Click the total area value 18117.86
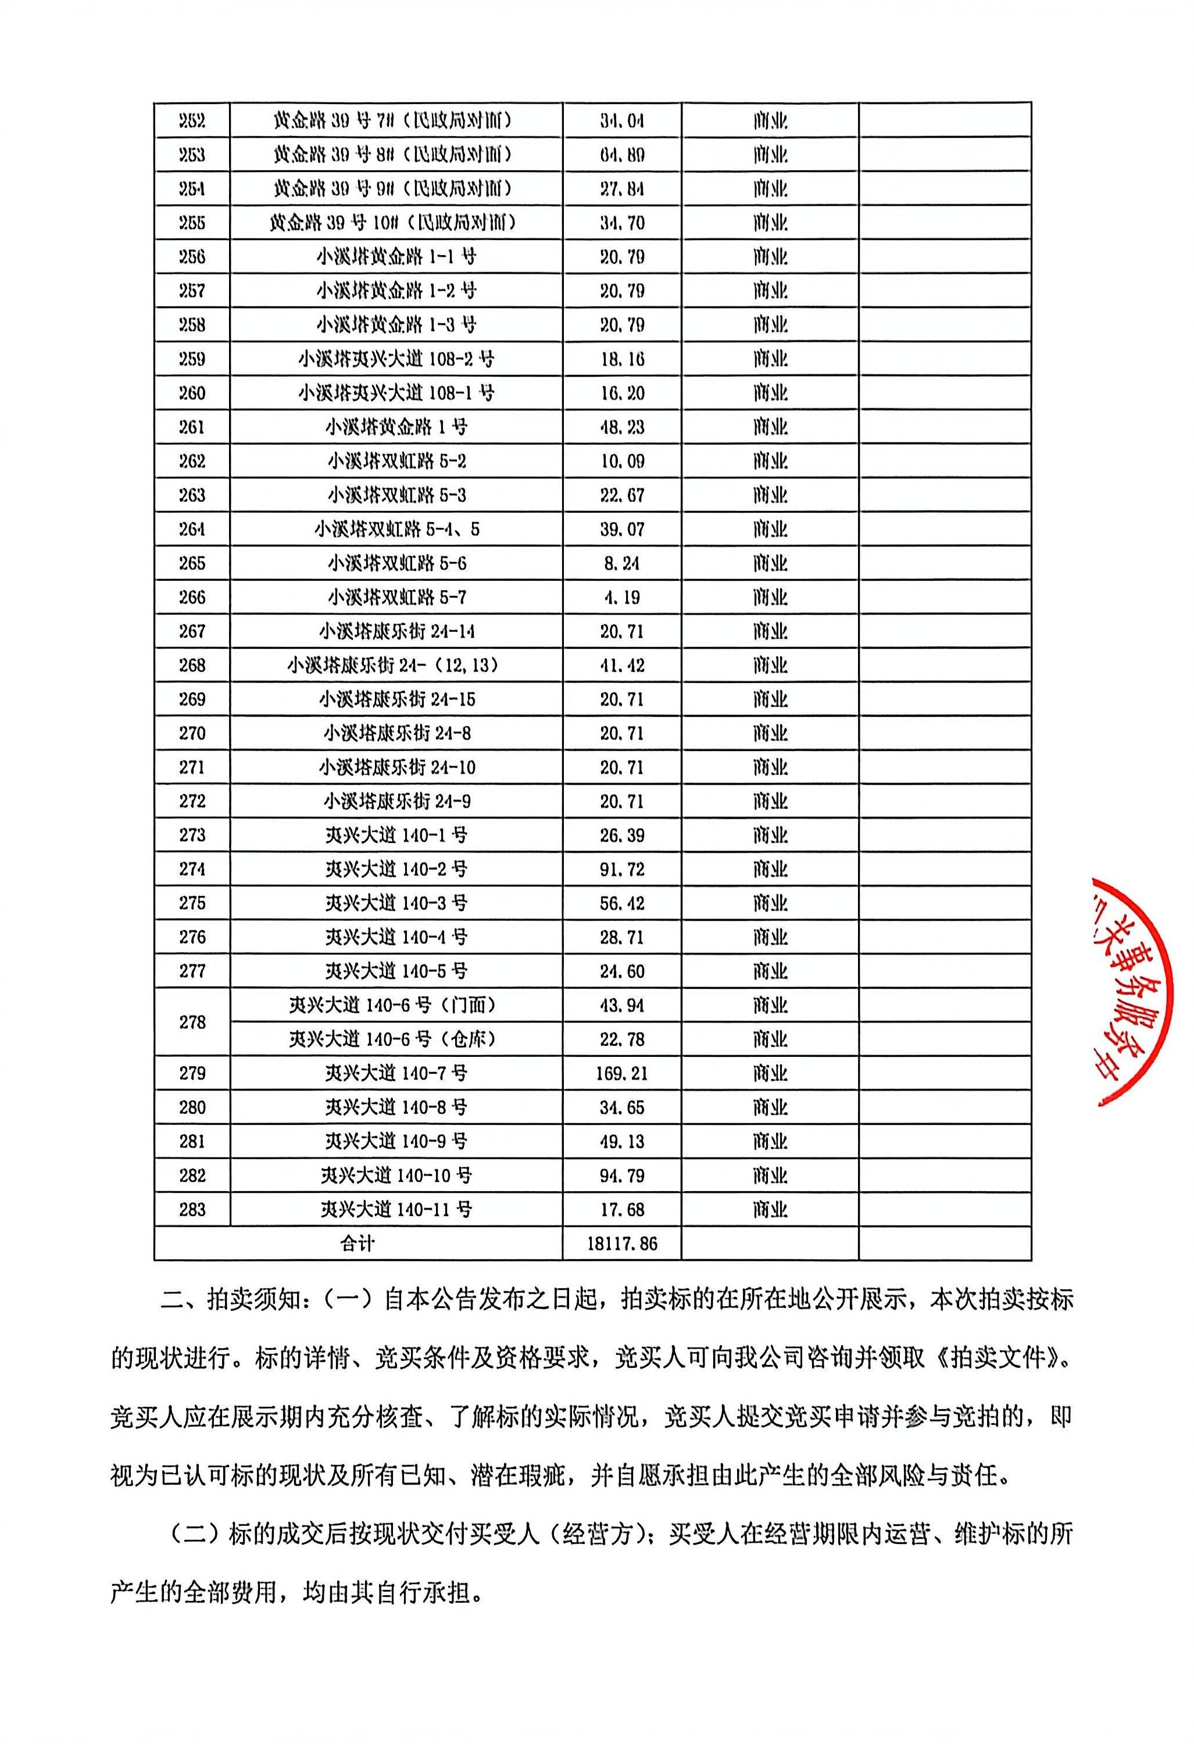coord(621,1243)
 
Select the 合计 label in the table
coord(358,1243)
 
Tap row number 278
coord(192,1022)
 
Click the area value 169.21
coord(621,1073)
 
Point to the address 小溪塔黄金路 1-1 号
coord(395,256)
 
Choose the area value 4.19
coord(621,598)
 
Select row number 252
coord(192,121)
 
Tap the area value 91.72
coord(621,869)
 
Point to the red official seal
coord(1141,983)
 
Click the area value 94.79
coord(621,1175)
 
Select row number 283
coord(192,1210)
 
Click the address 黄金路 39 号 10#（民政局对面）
coord(395,223)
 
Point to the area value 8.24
coord(621,563)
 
